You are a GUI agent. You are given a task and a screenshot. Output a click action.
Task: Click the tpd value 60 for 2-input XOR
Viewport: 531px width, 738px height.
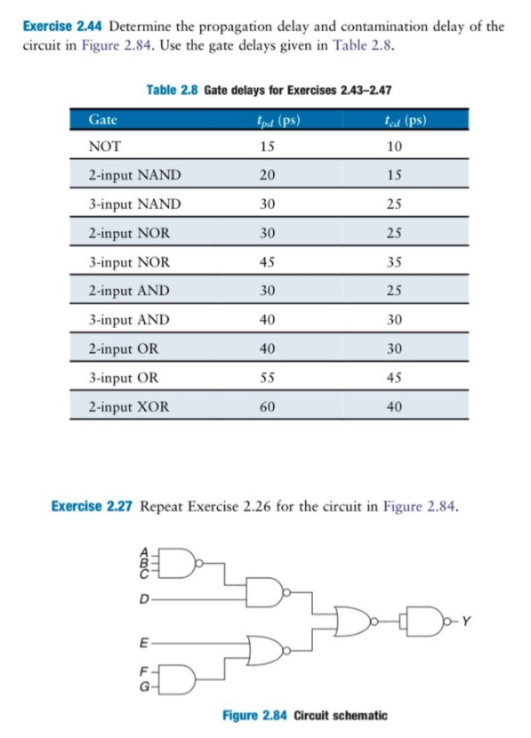coord(265,406)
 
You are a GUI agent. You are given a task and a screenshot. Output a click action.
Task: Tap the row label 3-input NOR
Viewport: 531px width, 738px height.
coord(129,262)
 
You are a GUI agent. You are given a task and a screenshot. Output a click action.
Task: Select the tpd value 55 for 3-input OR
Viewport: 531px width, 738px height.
coord(265,377)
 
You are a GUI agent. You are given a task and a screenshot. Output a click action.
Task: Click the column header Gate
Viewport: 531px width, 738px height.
coord(104,118)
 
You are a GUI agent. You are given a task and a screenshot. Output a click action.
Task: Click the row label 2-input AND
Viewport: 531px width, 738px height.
coord(129,291)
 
